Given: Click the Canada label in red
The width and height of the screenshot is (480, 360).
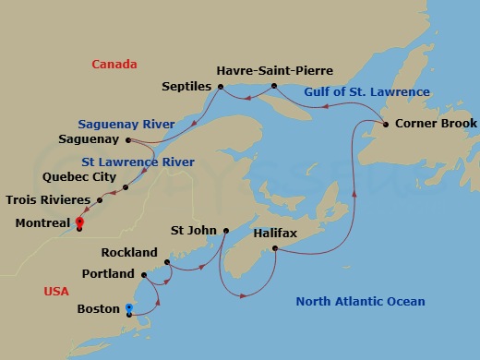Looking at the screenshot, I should (x=114, y=64).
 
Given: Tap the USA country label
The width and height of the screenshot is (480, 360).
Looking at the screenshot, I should (x=56, y=292).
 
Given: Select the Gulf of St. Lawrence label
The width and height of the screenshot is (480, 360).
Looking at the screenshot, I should (x=372, y=91).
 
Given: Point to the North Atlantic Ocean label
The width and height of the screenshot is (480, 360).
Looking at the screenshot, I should (x=360, y=302).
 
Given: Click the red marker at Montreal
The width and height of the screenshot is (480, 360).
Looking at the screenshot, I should (x=79, y=222).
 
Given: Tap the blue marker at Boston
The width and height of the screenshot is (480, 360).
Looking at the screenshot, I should (x=129, y=309).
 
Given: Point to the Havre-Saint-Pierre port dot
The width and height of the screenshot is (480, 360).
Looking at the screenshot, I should (x=274, y=87).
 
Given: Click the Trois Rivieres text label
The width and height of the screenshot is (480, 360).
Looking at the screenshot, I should (x=48, y=199).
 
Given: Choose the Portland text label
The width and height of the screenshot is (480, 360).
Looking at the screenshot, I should (x=108, y=274).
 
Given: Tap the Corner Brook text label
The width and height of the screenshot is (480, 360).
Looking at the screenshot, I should (x=436, y=123).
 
